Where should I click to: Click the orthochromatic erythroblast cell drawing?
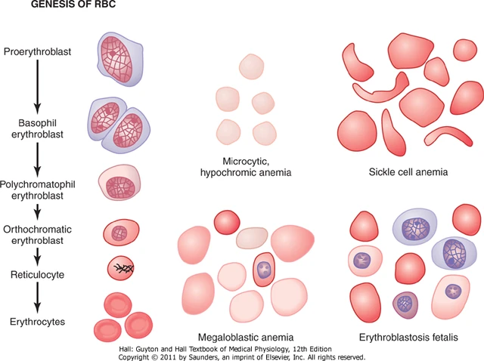pos(121,233)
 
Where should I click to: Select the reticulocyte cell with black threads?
pos(121,269)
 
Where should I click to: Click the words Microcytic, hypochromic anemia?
pos(247,167)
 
